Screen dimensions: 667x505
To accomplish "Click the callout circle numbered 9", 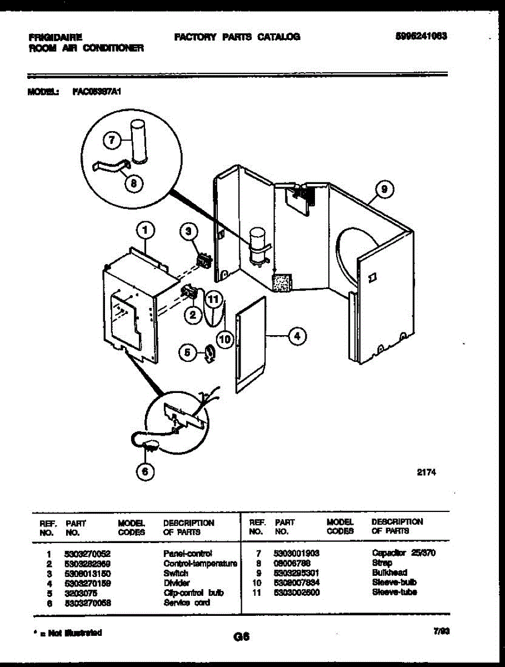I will [383, 190].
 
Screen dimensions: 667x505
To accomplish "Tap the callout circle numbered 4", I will [297, 336].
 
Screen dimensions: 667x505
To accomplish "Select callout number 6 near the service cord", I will [145, 471].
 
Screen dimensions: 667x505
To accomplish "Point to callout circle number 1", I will [144, 228].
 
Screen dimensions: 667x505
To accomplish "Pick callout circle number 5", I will [187, 351].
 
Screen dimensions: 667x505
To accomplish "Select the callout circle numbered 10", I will [224, 339].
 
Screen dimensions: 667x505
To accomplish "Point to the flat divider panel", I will [250, 345].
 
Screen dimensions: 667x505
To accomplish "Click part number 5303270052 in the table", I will [88, 554].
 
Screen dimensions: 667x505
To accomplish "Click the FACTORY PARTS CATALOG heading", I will [237, 37].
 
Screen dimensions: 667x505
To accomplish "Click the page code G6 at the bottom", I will [240, 638].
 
